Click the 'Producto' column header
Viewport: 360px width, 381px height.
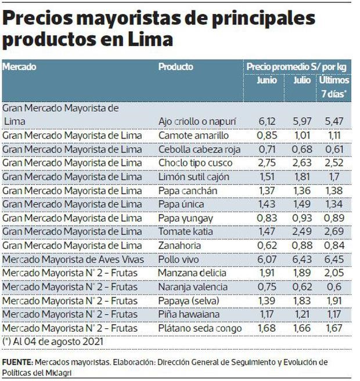176,67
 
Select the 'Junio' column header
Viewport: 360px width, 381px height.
267,80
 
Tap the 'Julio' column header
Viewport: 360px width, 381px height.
301,80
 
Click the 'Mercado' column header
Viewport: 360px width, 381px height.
20,67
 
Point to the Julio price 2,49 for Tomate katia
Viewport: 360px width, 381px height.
302,231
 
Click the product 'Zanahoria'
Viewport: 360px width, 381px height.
179,245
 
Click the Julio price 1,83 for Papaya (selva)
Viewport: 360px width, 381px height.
302,300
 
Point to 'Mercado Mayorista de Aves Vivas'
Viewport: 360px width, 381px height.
73,259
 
